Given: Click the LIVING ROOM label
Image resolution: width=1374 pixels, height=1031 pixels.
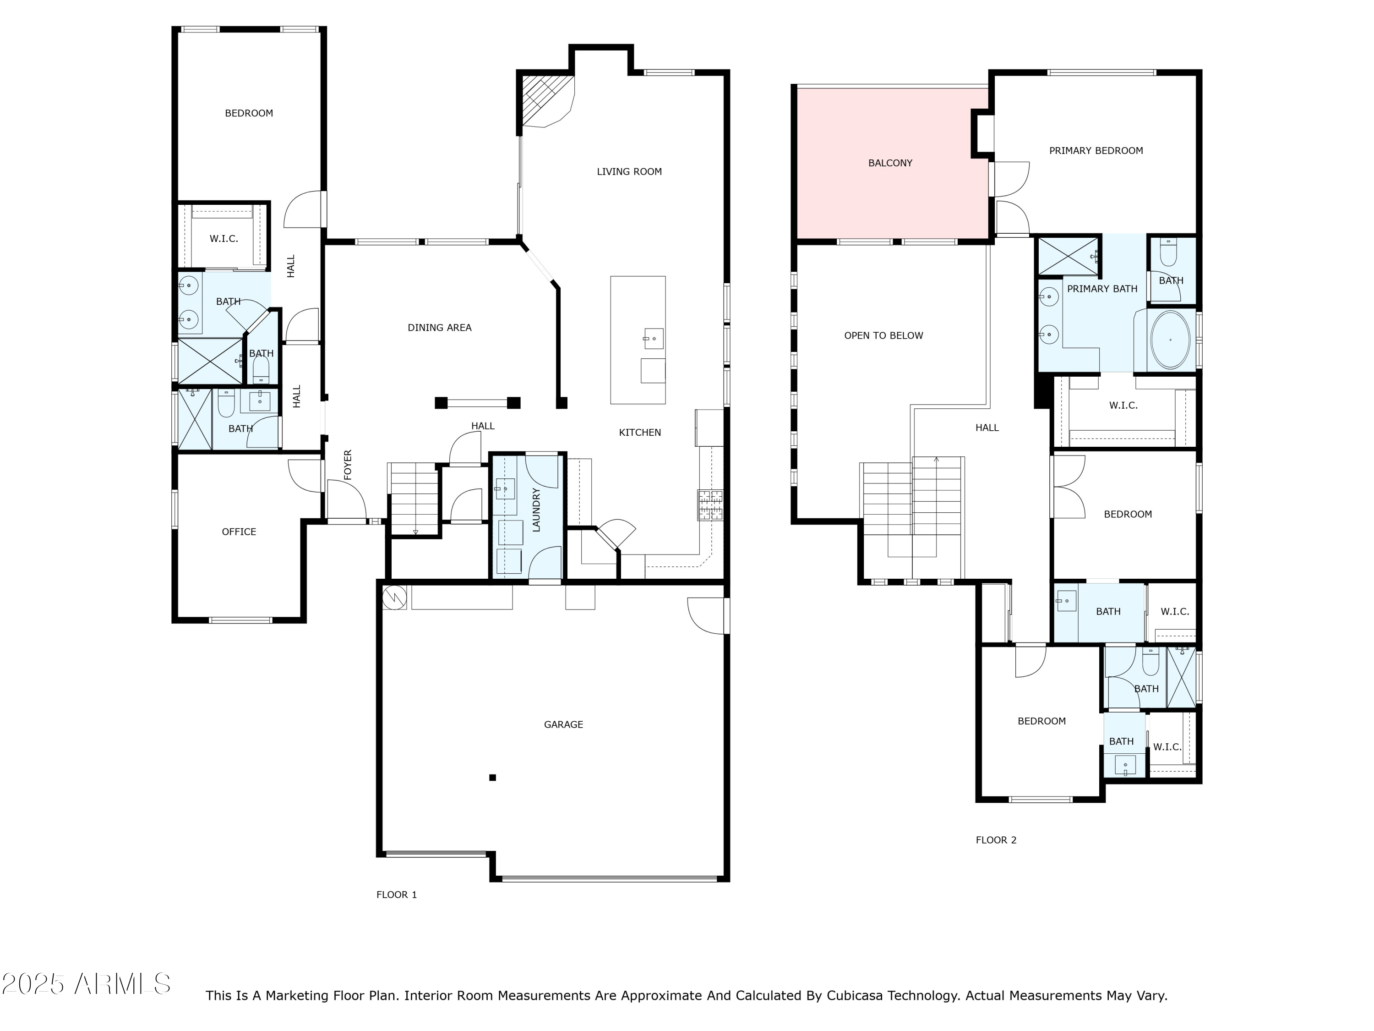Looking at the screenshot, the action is click(x=629, y=171).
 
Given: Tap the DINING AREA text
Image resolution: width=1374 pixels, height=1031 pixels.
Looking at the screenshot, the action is click(x=440, y=328).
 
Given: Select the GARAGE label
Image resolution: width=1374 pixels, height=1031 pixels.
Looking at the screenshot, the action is click(x=563, y=724).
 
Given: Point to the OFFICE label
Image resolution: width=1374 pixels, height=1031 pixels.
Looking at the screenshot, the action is click(x=239, y=532).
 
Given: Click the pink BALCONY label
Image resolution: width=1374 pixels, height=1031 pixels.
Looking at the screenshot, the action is click(x=890, y=163).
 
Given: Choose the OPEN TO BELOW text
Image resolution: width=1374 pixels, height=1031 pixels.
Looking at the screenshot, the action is click(x=883, y=335).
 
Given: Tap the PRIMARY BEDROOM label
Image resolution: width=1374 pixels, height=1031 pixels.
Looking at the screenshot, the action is click(x=1096, y=150).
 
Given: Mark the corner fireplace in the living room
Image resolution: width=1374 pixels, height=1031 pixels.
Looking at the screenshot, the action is click(x=545, y=101).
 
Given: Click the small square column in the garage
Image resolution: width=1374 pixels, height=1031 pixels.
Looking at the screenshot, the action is click(x=492, y=778).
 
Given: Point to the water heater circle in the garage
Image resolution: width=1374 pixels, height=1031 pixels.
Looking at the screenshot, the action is click(x=395, y=597).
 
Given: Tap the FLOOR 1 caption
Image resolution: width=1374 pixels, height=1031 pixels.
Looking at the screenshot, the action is click(x=396, y=895).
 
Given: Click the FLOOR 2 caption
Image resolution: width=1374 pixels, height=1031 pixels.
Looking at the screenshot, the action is click(x=996, y=840).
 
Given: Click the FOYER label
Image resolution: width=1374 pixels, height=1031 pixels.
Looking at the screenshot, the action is click(x=348, y=464).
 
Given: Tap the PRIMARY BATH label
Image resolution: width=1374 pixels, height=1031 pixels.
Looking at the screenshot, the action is click(x=1102, y=289).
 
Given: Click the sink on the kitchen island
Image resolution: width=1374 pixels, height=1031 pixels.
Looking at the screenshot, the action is click(x=654, y=339).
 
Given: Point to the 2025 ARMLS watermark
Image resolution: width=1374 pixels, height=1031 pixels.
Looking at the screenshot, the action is click(x=87, y=984).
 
